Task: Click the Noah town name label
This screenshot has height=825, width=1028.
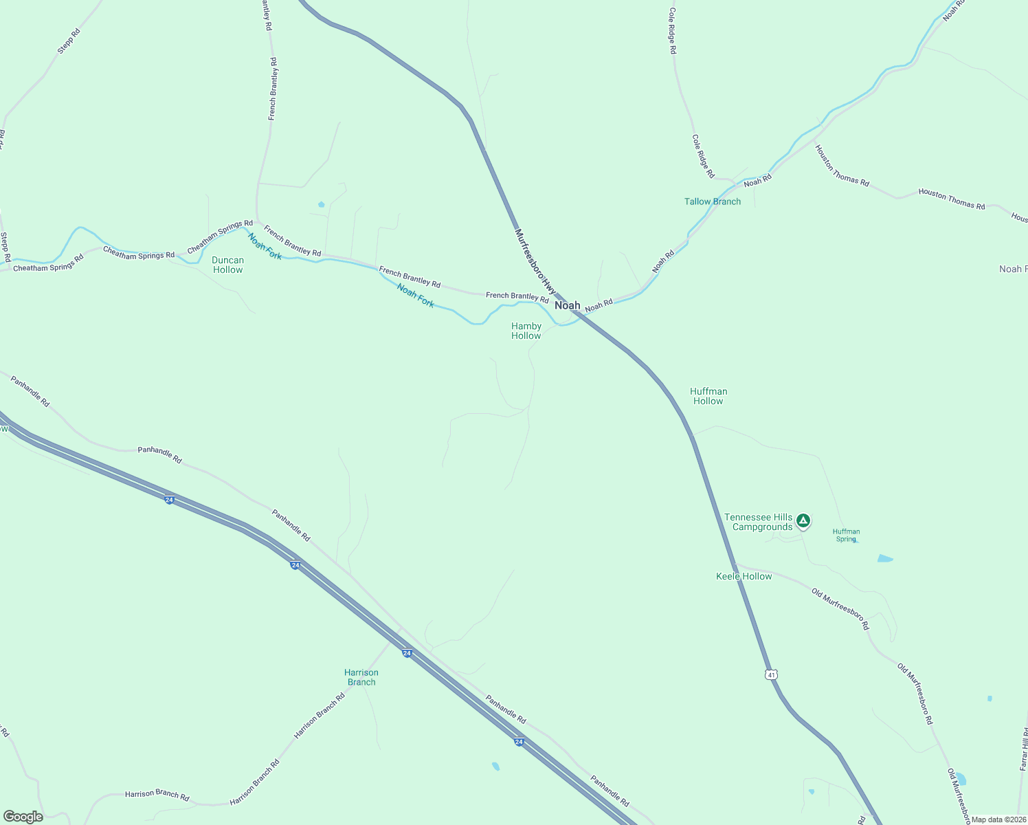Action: pyautogui.click(x=568, y=305)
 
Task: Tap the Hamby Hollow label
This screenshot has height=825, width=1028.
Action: pyautogui.click(x=526, y=331)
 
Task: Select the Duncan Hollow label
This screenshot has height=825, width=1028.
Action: pyautogui.click(x=227, y=265)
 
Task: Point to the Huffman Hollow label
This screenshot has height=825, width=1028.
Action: pyautogui.click(x=708, y=396)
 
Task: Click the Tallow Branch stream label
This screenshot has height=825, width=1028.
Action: pyautogui.click(x=713, y=201)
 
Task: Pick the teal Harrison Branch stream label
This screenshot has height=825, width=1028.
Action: pyautogui.click(x=361, y=677)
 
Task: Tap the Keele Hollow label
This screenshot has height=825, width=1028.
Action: pyautogui.click(x=744, y=576)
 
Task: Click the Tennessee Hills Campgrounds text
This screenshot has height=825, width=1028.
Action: pyautogui.click(x=759, y=522)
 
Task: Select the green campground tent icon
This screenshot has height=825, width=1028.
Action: pyautogui.click(x=803, y=521)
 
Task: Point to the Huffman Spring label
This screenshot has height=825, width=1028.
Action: pyautogui.click(x=846, y=535)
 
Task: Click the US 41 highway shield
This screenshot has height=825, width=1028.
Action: pyautogui.click(x=772, y=675)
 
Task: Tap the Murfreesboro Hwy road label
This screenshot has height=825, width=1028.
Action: pyautogui.click(x=535, y=261)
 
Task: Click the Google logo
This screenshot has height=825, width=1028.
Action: pyautogui.click(x=23, y=817)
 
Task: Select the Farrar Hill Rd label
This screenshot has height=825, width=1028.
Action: pyautogui.click(x=1023, y=749)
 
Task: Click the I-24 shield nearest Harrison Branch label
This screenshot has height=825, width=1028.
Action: pyautogui.click(x=407, y=653)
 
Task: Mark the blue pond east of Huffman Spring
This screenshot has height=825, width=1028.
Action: pyautogui.click(x=885, y=558)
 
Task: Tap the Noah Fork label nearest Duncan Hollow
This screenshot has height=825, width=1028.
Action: pyautogui.click(x=265, y=247)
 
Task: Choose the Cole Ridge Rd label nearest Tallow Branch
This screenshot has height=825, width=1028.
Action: pyautogui.click(x=703, y=156)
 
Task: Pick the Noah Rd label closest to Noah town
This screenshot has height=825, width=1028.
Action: pyautogui.click(x=599, y=304)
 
